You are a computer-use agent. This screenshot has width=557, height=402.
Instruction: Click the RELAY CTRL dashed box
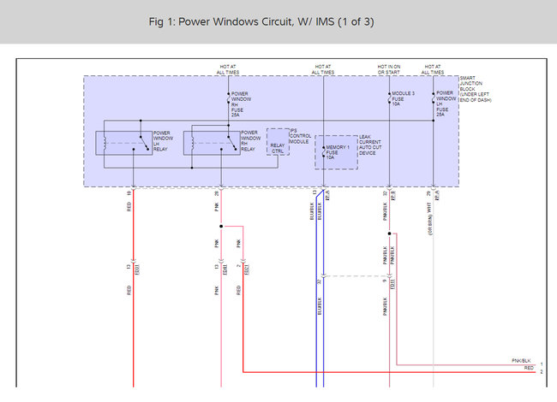pyautogui.click(x=278, y=148)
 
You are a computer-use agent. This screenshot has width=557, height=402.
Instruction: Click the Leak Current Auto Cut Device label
pyautogui.click(x=370, y=146)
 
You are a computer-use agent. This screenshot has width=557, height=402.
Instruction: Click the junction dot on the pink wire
pyautogui.click(x=221, y=227)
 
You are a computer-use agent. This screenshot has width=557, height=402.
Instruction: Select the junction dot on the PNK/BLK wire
pyautogui.click(x=389, y=233)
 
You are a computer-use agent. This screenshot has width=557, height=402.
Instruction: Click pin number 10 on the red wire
pyautogui.click(x=129, y=195)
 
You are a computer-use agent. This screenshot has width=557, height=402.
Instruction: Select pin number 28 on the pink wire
pyautogui.click(x=218, y=195)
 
